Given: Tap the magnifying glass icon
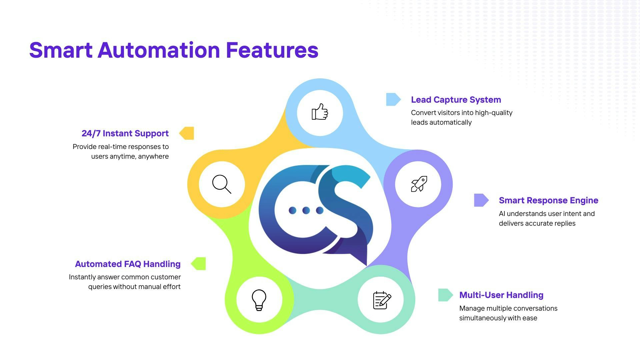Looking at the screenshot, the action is tap(222, 184).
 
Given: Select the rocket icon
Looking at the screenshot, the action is tap(419, 184).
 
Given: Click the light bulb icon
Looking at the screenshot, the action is tap(259, 300).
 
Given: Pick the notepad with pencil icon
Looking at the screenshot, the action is tap(382, 300).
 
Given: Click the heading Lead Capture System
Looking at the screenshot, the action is tap(456, 100).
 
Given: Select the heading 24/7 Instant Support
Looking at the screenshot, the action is tap(125, 133).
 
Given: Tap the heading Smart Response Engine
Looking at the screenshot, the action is tap(549, 200).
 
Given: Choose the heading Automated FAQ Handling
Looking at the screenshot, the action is tap(128, 264).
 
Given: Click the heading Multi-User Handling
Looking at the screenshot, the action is tap(501, 295).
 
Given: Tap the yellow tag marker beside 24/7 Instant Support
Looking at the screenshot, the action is tap(187, 133).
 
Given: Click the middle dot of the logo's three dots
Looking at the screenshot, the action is tap(306, 210).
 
